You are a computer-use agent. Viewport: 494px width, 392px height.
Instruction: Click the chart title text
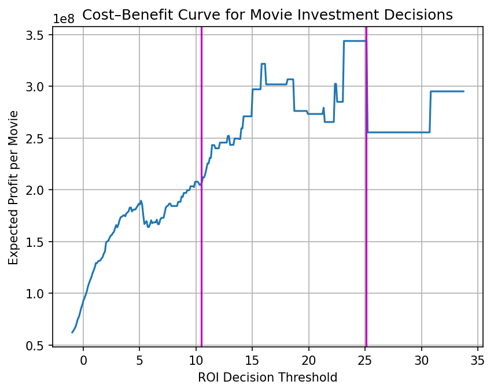(x=267, y=15)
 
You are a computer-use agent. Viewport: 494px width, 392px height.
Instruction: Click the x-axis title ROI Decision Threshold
(x=267, y=378)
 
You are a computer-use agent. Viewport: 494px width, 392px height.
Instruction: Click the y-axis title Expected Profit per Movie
(x=14, y=188)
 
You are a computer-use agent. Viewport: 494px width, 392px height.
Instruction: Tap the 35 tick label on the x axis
(x=478, y=360)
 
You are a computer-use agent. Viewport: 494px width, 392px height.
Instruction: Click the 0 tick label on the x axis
(x=83, y=360)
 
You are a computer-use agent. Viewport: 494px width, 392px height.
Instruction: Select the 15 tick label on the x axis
(x=252, y=360)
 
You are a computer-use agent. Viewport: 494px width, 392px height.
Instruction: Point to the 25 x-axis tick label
(x=365, y=360)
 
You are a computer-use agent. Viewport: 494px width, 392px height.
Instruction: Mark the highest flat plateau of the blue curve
(x=355, y=41)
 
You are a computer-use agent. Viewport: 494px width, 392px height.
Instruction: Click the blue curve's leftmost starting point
(x=72, y=332)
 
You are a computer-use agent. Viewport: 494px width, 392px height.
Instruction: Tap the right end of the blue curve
(x=463, y=91)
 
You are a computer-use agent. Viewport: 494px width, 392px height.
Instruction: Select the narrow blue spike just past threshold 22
(x=336, y=84)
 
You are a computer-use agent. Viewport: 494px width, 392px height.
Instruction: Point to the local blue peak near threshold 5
(x=141, y=201)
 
